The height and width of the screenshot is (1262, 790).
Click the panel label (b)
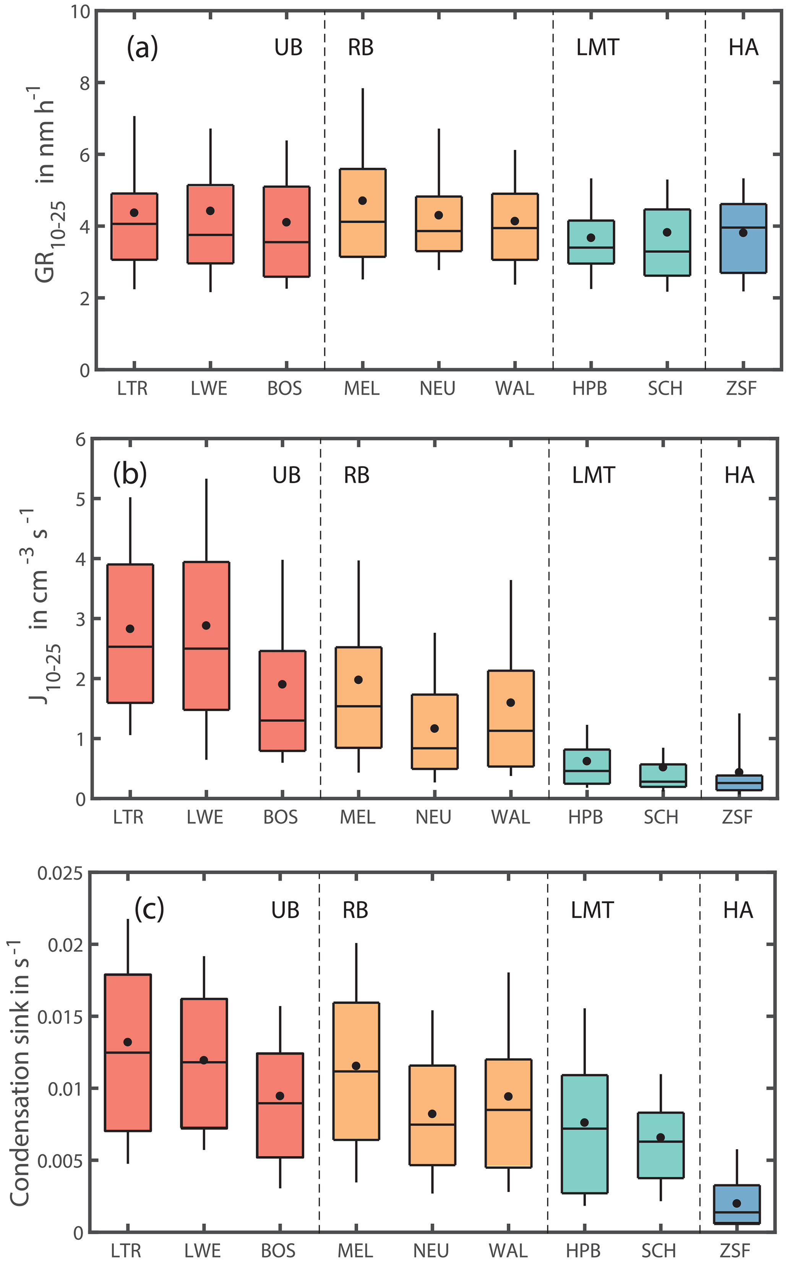[x=130, y=474]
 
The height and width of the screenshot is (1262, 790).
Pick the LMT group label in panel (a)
[x=597, y=47]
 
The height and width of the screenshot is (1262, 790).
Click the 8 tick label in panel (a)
[x=84, y=83]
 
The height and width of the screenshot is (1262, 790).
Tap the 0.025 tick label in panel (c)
[x=60, y=873]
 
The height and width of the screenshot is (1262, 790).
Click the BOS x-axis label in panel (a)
[x=285, y=389]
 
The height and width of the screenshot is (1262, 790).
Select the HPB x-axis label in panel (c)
[x=583, y=1251]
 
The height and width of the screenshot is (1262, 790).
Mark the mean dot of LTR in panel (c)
[x=128, y=1042]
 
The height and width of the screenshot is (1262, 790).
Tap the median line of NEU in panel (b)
[x=435, y=748]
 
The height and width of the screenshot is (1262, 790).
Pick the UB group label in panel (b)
[x=286, y=475]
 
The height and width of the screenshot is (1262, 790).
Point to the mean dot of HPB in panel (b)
[x=587, y=761]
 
